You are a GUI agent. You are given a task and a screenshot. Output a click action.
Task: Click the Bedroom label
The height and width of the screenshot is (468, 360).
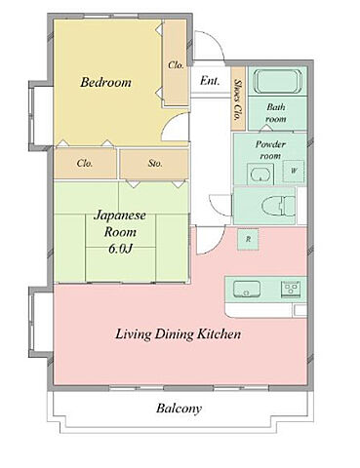point(106,82)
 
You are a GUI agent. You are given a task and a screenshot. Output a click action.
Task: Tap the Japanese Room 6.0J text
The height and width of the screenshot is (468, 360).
point(120,232)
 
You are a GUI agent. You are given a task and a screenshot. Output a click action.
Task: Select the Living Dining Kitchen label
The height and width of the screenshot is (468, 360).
point(179,334)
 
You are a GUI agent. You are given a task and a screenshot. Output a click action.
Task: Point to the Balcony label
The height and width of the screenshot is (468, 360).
point(180,409)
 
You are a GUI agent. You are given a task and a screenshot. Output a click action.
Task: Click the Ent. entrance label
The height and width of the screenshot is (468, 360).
point(210,81)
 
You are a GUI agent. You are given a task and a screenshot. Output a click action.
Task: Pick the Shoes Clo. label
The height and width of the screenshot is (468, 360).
point(239,99)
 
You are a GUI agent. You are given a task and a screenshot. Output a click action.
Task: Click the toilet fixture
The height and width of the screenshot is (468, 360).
point(279,206)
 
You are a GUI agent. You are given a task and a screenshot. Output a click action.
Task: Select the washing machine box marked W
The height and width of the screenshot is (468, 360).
point(294,171)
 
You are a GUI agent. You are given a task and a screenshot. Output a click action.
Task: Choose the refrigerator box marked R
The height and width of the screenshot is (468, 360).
point(248,240)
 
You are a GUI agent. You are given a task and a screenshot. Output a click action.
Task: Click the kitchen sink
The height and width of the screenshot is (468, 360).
point(247,289)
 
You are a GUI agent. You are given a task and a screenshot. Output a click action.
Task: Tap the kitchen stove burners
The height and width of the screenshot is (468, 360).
point(291,290)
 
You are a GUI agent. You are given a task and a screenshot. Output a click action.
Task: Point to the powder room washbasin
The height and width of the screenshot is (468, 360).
point(260,174)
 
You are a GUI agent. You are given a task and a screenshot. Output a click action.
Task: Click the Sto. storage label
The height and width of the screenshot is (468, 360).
point(155,163)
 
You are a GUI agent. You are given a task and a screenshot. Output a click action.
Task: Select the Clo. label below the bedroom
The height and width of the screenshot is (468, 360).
point(85,163)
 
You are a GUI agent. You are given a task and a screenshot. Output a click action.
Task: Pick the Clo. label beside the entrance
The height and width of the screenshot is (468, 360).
point(176,65)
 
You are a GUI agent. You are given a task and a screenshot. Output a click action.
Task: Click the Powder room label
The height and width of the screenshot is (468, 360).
point(270,150)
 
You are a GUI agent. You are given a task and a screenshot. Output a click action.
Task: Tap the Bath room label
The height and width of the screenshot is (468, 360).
point(276,113)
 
